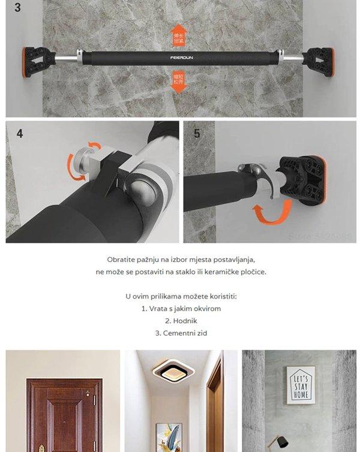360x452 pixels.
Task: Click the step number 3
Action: (18, 8)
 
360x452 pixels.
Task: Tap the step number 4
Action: (19, 133)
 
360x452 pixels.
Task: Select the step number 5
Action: (197, 133)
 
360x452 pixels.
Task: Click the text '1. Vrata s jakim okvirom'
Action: (181, 309)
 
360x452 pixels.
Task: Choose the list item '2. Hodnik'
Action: (181, 321)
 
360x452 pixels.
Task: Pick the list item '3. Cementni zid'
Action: (181, 333)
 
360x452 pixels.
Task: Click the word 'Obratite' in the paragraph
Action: (121, 260)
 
